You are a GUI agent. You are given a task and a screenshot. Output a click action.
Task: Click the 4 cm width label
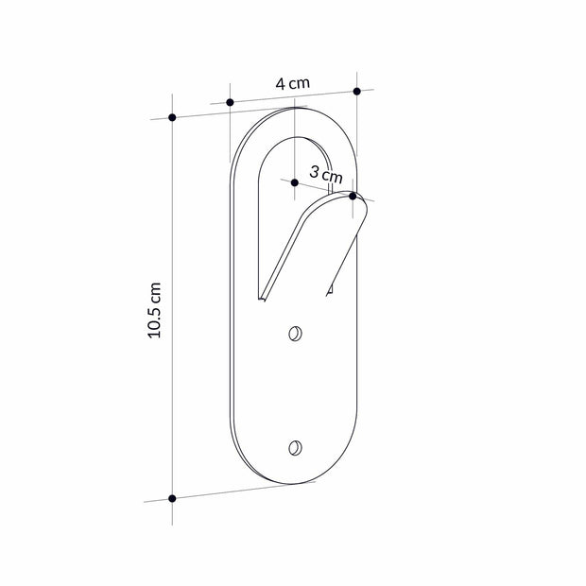(x=293, y=83)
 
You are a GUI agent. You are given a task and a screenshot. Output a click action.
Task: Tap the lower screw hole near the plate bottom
(x=296, y=447)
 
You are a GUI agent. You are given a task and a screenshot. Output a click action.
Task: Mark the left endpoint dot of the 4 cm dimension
(x=230, y=101)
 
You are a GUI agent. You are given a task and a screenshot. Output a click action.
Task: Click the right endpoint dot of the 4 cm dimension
(x=356, y=92)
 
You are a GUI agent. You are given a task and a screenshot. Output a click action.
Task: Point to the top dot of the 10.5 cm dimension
(x=172, y=117)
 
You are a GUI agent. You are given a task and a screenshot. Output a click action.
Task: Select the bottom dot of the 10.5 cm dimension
(x=172, y=498)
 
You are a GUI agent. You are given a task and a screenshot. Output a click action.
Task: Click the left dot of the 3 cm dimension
(x=295, y=181)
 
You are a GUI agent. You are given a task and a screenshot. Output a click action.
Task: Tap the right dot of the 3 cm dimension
(x=353, y=197)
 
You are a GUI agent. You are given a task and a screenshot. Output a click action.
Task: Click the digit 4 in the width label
(x=281, y=84)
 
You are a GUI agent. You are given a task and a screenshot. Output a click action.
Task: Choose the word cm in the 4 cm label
(x=300, y=83)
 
